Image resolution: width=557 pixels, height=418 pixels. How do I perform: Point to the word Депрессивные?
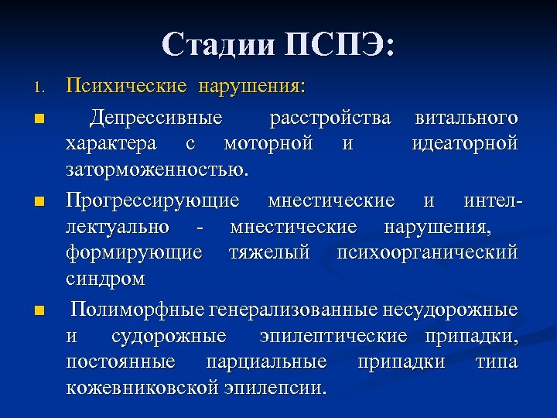pyautogui.click(x=155, y=118)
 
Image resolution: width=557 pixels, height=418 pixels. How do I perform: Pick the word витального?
pyautogui.click(x=466, y=118)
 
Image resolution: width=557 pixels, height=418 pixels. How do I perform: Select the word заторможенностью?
pyautogui.click(x=158, y=169)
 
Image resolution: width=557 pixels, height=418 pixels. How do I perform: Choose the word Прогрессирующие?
pyautogui.click(x=152, y=202)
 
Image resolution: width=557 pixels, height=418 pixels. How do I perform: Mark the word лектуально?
pyautogui.click(x=118, y=228)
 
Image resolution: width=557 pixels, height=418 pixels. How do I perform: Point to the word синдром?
pyautogui.click(x=104, y=278)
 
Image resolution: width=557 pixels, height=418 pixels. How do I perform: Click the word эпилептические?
pyautogui.click(x=333, y=337)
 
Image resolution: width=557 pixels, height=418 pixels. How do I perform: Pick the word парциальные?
pyautogui.click(x=266, y=362)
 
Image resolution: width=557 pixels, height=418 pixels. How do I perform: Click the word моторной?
pyautogui.click(x=268, y=143)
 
